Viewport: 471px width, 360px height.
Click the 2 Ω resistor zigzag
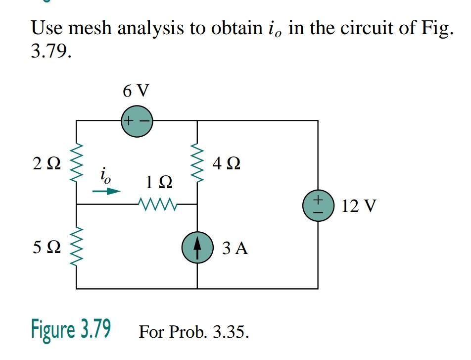coord(76,164)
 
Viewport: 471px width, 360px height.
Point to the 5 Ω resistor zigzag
coord(76,247)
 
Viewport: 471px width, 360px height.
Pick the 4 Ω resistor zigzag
coord(197,164)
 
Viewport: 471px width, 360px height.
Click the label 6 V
coord(136,91)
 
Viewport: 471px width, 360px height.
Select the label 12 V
coord(359,206)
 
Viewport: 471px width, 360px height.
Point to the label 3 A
coord(235,248)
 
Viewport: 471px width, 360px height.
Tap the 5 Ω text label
coord(47,247)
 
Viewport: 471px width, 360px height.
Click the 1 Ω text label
coord(159,183)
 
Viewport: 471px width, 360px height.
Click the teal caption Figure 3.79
coord(71,328)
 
